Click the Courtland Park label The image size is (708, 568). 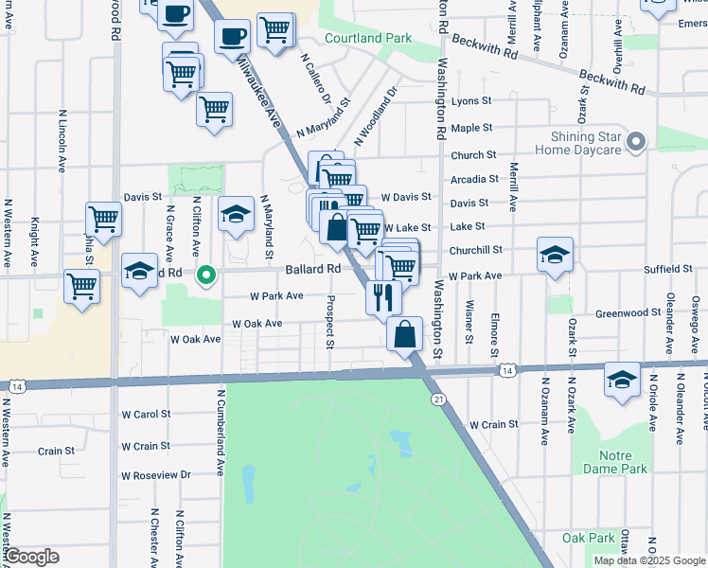coord(368,39)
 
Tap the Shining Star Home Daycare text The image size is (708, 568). coord(580,142)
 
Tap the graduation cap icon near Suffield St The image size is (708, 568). coord(555,255)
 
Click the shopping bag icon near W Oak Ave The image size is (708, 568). coord(404,334)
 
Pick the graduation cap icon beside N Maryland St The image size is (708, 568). coord(236,215)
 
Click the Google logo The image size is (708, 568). coord(32,557)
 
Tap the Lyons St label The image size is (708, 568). coord(471,100)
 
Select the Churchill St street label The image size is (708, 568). coord(475,251)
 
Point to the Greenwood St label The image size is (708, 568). coord(628,312)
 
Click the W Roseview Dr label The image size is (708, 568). coord(156,475)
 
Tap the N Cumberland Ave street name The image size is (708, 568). coord(220,431)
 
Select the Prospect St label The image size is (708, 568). coord(330,321)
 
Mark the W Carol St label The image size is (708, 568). coord(146,414)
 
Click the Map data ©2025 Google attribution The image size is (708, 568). coord(648,560)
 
